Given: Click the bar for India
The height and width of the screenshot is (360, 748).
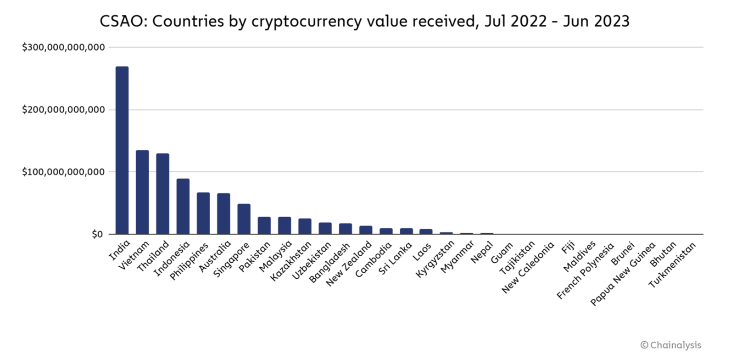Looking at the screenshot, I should coord(122,150).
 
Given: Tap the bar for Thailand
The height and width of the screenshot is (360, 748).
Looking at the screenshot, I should coord(162,193).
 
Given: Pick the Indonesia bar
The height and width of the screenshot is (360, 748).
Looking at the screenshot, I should coord(183,206).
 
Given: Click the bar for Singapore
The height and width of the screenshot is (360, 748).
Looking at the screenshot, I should coord(244,219).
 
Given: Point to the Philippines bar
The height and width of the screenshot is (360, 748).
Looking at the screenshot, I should coord(203,213).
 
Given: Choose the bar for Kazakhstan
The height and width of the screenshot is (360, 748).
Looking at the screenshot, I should coord(305,226).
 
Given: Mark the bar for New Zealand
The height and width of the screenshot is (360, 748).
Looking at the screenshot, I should coord(366,230).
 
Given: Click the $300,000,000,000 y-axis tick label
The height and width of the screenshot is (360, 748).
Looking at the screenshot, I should coord(63,47).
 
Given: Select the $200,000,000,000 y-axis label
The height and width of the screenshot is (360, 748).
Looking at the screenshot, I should coord(63,110).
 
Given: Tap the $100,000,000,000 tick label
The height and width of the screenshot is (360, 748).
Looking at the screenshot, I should coord(63,172).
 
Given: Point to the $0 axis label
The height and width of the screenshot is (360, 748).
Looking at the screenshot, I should coord(97,235).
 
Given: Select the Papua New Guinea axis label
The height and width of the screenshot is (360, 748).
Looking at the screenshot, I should coord(623,274).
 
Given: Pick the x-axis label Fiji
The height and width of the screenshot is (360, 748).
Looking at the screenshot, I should coord(568,248).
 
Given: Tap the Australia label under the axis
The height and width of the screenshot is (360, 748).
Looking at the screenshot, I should coord(215,257).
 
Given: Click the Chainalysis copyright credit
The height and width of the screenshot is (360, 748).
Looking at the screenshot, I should coord(671,345).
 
